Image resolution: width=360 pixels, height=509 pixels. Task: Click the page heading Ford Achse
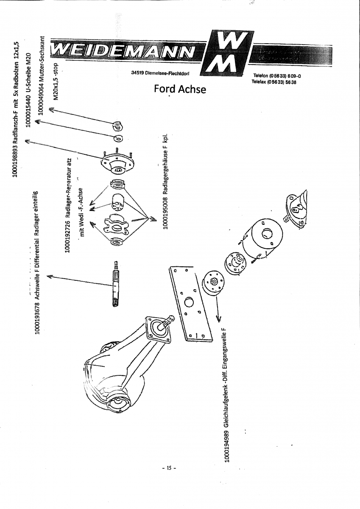pos(180,89)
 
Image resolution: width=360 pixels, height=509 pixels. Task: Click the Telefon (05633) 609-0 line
pos(276,76)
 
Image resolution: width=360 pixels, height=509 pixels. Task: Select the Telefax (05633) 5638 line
pos(273,82)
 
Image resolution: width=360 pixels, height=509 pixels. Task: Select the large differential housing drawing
pos(123,365)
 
